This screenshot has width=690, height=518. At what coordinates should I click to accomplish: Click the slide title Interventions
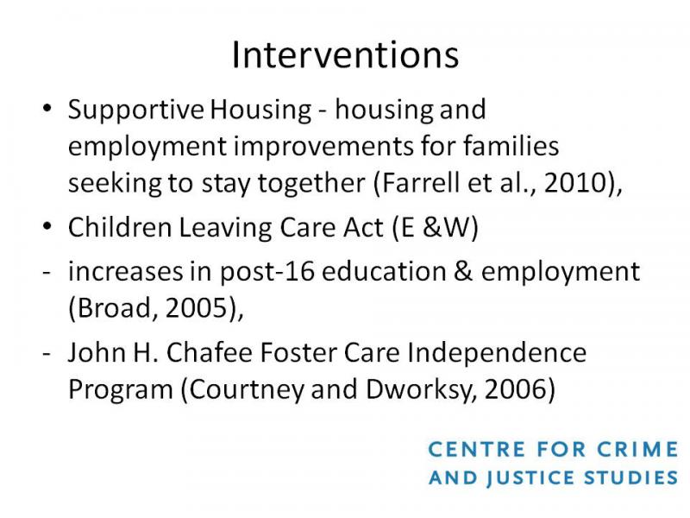pos(346,55)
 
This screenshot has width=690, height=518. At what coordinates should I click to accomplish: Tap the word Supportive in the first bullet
pos(136,111)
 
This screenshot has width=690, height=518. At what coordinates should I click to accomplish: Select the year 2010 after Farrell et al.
pos(576,182)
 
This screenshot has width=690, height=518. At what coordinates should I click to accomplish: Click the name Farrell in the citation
pos(421,182)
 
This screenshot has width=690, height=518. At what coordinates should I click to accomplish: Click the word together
pos(311,184)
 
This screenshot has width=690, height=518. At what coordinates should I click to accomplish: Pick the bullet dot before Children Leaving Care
pos(47,226)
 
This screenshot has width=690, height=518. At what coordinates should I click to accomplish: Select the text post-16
pos(267,272)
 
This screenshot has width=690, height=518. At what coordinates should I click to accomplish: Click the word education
pos(384,271)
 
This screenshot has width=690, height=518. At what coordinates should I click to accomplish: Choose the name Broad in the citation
pos(115,307)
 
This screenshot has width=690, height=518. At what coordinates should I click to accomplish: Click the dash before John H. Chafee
pos(47,353)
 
